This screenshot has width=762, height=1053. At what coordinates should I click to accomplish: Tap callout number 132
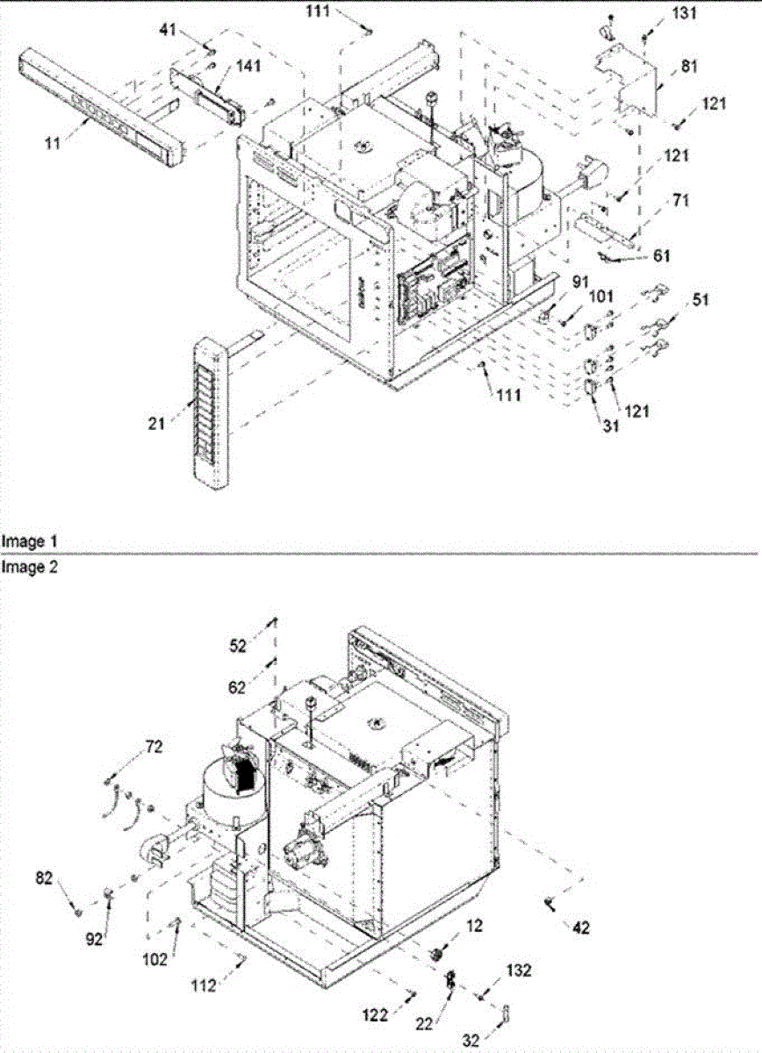519,971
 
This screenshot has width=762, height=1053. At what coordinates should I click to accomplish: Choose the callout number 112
204,987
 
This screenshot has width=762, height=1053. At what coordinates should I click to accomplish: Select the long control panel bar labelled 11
104,109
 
